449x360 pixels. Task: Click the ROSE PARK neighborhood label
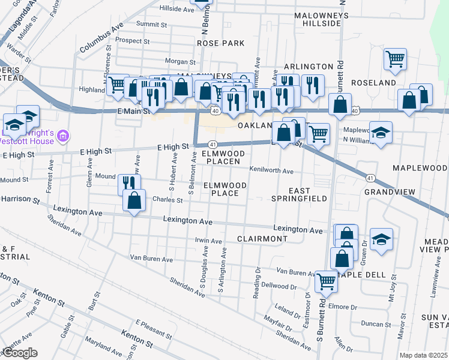[x=220, y=43]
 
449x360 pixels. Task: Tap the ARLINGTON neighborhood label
[x=308, y=67]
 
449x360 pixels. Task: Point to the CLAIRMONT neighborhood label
[x=262, y=239]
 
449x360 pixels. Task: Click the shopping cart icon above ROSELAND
[x=395, y=59]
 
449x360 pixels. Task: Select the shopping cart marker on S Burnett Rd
[x=326, y=280]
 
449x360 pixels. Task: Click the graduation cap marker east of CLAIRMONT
[x=381, y=239]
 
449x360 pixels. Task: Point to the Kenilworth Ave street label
[x=271, y=171]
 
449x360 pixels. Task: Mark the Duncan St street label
[x=380, y=324]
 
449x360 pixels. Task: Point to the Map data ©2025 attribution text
[x=423, y=355]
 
